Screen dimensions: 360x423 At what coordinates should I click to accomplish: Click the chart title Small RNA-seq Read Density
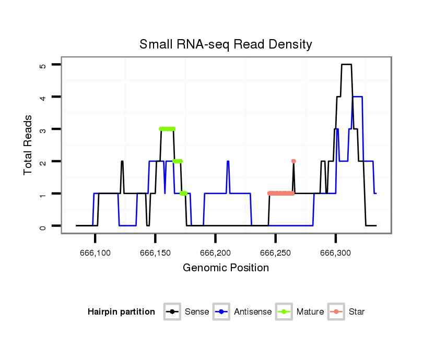[x=226, y=44]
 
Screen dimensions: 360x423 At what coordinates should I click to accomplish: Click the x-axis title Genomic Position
[x=226, y=268]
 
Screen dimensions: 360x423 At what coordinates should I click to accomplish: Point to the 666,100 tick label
[x=95, y=253]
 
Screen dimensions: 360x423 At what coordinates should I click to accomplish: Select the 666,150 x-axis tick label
[x=155, y=253]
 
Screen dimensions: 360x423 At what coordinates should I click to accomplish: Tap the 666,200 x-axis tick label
[x=215, y=253]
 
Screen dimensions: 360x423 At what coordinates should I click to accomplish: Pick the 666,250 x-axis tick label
[x=275, y=253]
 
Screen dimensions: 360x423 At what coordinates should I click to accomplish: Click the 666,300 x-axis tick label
[x=335, y=253]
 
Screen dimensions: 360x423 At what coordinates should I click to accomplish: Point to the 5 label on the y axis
[x=43, y=65]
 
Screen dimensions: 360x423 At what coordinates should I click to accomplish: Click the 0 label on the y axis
[x=43, y=226]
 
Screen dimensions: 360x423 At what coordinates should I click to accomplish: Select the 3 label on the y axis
[x=43, y=129]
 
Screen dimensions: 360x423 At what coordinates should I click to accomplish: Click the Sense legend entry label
[x=197, y=312]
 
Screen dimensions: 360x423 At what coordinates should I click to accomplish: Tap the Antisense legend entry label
[x=253, y=312]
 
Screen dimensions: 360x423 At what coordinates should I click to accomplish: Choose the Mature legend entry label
[x=310, y=312]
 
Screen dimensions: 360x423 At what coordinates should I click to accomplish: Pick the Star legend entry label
[x=357, y=312]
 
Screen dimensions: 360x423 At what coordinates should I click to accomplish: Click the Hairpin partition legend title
[x=121, y=312]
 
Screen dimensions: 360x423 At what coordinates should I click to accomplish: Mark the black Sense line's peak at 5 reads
[x=346, y=65]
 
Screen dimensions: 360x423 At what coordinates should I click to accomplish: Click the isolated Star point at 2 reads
[x=293, y=161]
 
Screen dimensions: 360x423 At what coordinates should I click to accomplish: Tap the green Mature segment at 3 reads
[x=167, y=129]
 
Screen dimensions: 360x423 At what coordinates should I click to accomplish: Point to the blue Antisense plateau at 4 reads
[x=358, y=97]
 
